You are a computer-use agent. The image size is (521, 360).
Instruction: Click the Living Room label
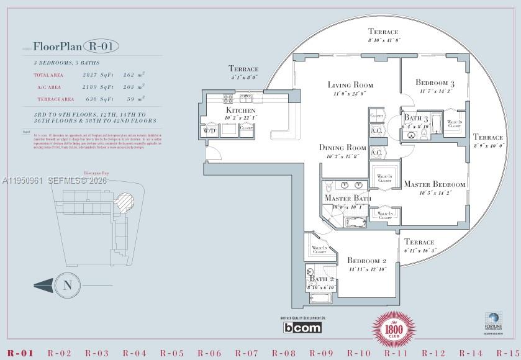350,84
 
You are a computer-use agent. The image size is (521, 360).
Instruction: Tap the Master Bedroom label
434,184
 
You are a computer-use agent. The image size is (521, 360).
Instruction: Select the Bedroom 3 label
435,83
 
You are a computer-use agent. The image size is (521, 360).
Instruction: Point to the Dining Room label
342,148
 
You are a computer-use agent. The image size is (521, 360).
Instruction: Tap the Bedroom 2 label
367,261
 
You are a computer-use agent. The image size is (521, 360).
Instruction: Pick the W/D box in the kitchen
208,131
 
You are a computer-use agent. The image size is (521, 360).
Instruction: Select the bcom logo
302,328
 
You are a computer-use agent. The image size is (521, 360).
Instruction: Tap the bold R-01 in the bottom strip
20,353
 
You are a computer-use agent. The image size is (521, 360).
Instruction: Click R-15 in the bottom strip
509,353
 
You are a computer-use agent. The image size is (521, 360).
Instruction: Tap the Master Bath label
348,198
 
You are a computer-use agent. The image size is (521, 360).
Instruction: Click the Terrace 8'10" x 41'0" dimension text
384,40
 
